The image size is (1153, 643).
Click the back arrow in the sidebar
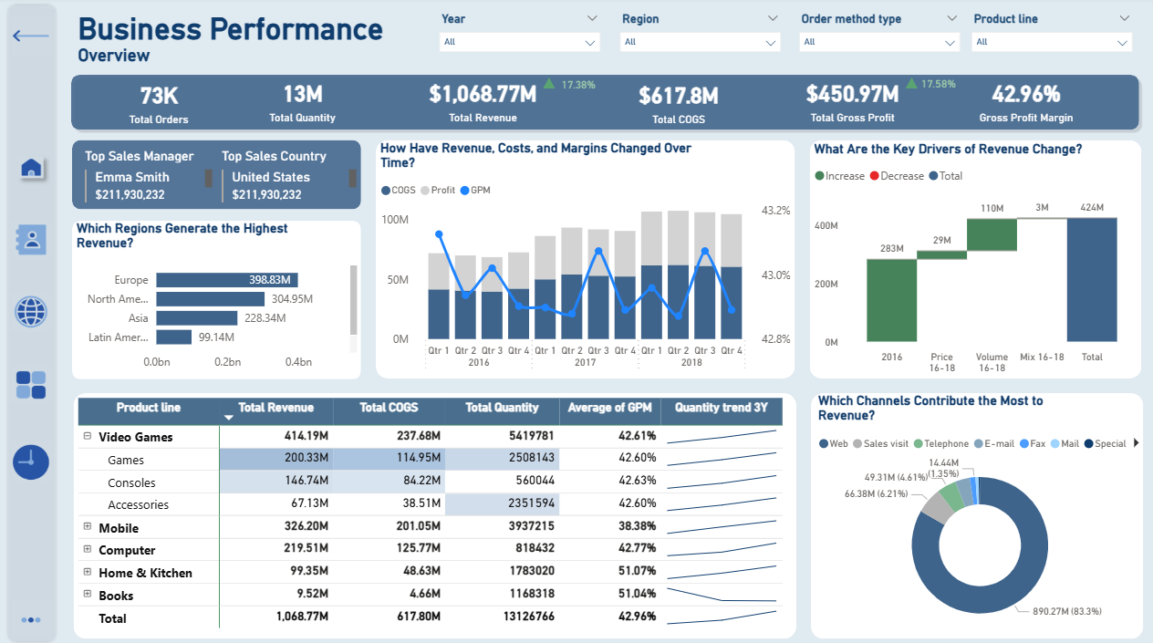click(x=31, y=36)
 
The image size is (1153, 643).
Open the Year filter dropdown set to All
click(x=519, y=42)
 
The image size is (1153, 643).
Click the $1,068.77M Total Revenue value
click(x=483, y=93)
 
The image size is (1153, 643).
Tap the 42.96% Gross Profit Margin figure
click(x=1025, y=94)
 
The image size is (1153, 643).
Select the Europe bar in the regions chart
click(x=226, y=280)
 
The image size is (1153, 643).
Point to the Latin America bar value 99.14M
click(x=216, y=337)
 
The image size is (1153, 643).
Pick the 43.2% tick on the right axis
click(x=774, y=211)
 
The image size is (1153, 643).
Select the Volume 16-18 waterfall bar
click(x=992, y=234)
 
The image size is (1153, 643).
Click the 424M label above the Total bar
click(x=1092, y=209)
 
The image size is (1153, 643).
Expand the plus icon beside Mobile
click(x=88, y=527)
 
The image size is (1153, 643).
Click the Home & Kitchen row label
click(x=145, y=573)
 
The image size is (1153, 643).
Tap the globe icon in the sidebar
click(x=31, y=312)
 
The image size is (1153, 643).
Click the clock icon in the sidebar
click(x=31, y=462)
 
